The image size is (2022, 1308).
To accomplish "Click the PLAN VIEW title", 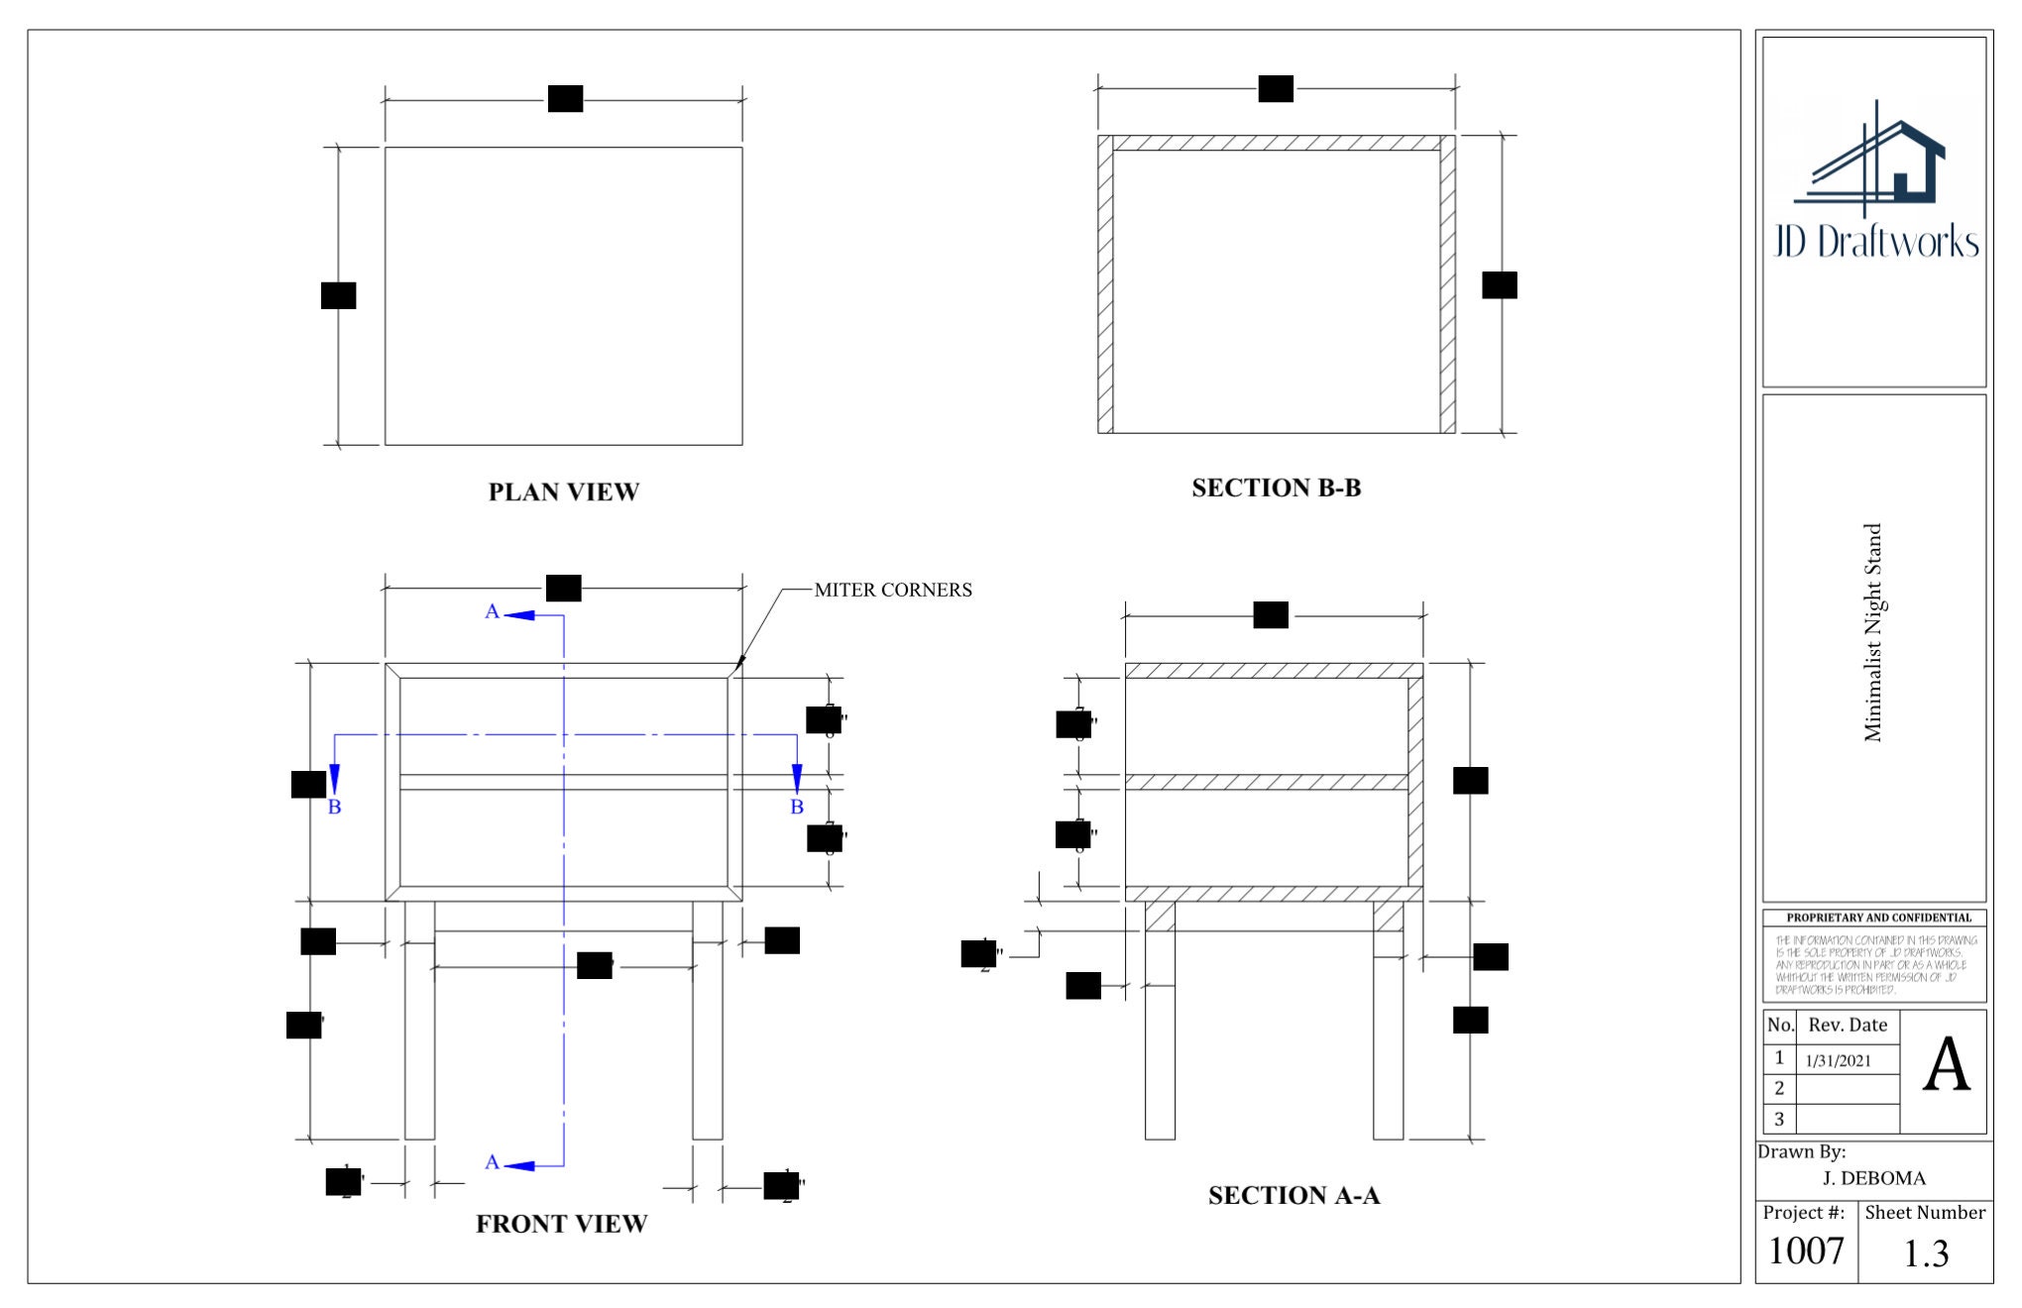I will point(563,491).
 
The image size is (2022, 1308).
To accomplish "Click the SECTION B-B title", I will point(1276,488).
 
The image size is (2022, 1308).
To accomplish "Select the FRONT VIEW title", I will point(561,1224).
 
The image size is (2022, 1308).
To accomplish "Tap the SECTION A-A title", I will point(1293,1195).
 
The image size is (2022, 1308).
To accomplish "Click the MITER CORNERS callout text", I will point(892,590).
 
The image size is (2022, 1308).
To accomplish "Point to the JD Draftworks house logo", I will point(1872,163).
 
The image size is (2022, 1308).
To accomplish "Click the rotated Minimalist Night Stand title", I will point(1872,632).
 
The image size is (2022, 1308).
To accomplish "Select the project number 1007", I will point(1805,1251).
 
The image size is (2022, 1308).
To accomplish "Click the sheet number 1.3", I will point(1925,1253).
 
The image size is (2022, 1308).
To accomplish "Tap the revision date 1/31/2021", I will point(1838,1060).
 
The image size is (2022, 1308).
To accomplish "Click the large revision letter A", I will point(1946,1066).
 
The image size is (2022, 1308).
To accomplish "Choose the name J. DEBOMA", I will point(1873,1178).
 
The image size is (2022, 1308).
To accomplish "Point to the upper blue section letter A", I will point(492,611).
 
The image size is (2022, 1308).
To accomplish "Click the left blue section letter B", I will point(334,807).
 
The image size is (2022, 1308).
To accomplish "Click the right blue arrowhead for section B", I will point(797,778).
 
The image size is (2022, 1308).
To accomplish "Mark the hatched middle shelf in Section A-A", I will point(1266,783).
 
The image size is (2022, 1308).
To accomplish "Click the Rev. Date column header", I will point(1847,1025).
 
